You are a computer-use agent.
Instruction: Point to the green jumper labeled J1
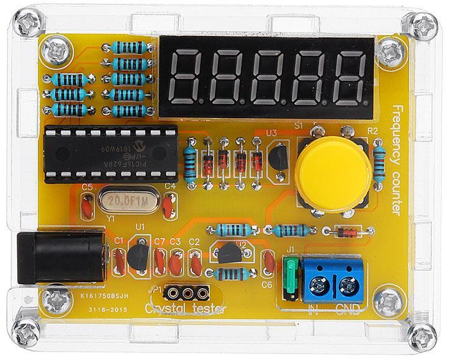point(292,277)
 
